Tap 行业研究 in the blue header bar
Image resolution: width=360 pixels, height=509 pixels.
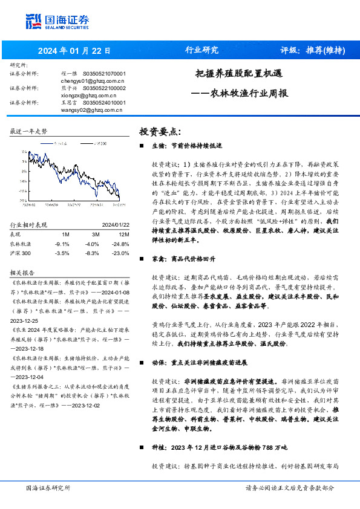(201, 50)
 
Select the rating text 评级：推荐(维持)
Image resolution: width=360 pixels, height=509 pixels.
(312, 50)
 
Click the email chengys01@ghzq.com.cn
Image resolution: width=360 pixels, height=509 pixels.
(93, 80)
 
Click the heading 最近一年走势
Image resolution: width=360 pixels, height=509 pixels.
(29, 131)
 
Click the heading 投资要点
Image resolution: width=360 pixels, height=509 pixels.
(160, 131)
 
